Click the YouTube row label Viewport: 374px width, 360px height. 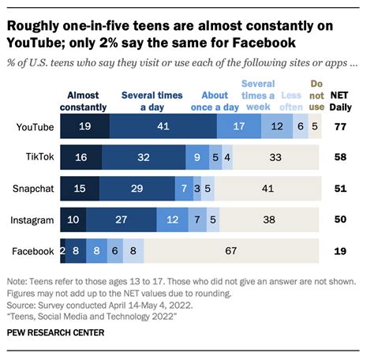pos(35,126)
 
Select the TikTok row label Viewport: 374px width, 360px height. pos(39,157)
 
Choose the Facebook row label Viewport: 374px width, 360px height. pos(34,251)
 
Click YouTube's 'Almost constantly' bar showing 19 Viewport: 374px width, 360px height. pos(84,126)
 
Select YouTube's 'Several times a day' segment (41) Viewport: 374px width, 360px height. pos(163,126)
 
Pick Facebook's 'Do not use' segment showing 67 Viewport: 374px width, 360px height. pos(233,251)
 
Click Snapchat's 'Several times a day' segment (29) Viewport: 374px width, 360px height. pos(138,189)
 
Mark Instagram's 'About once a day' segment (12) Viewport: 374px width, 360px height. pos(173,219)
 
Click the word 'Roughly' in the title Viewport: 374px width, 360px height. pos(35,25)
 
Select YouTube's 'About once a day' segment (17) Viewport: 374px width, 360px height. pos(239,126)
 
